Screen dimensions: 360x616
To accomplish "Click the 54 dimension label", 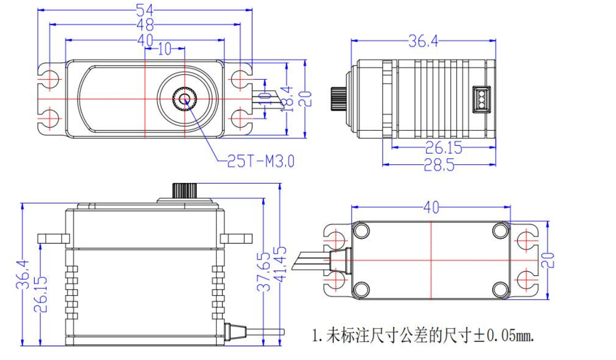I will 145,10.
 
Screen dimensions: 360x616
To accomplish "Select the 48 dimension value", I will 145,24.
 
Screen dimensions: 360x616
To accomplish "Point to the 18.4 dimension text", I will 289,98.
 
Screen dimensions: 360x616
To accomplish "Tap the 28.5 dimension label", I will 438,165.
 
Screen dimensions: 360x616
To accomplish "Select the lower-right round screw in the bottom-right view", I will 500,289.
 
